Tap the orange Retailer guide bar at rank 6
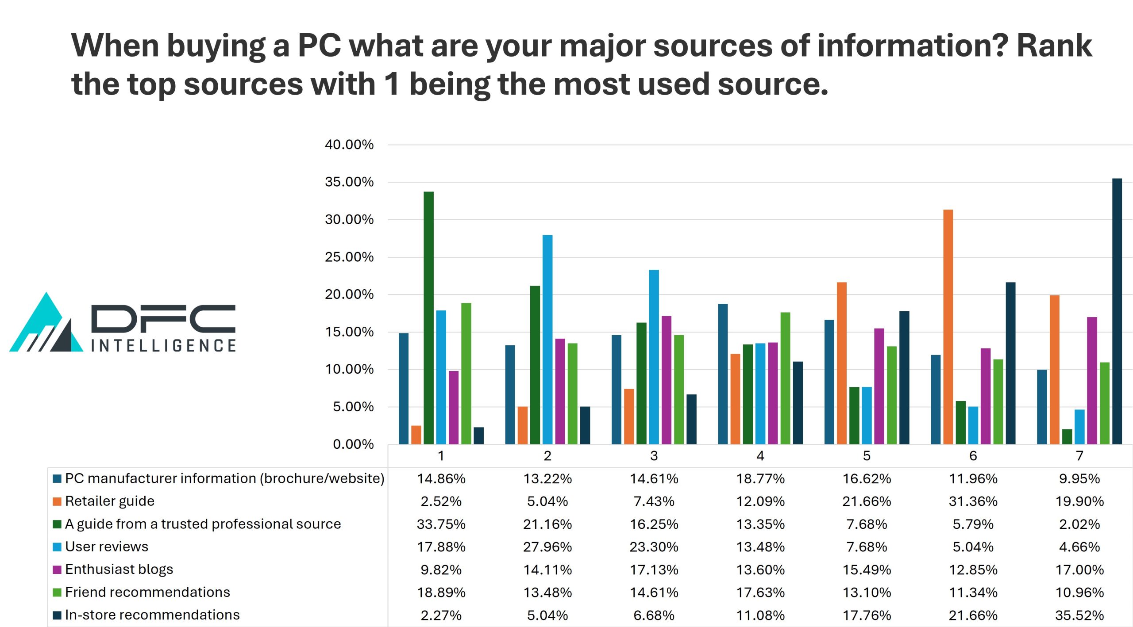948,327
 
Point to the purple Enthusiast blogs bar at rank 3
666,380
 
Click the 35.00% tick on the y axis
349,182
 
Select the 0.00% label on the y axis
353,444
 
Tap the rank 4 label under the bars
760,456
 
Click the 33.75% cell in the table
441,524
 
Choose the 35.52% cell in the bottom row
1079,616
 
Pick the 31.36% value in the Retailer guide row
973,501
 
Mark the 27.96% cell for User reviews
547,547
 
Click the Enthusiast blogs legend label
119,570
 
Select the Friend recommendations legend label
147,593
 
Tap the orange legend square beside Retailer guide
57,501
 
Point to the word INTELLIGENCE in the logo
164,346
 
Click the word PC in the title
319,46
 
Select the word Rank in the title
1054,46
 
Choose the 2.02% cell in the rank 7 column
1079,524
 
